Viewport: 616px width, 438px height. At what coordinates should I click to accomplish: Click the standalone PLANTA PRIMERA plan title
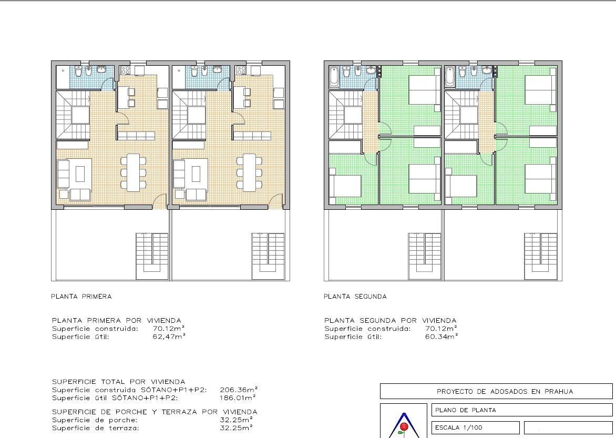[x=81, y=297]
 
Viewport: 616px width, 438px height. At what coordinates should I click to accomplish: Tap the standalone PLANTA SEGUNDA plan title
[x=355, y=297]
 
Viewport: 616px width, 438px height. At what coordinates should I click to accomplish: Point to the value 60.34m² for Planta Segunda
[x=441, y=337]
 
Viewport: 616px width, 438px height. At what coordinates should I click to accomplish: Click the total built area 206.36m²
[x=238, y=390]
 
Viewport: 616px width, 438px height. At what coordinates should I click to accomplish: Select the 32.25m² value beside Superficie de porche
[x=236, y=420]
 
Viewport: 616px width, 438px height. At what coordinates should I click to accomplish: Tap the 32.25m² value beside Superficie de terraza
[x=236, y=428]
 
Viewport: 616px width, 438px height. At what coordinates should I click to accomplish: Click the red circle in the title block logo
[x=404, y=426]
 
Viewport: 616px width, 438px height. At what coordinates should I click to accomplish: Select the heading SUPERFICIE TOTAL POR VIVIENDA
[x=118, y=382]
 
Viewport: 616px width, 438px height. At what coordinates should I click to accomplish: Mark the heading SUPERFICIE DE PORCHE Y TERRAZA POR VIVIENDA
[x=155, y=412]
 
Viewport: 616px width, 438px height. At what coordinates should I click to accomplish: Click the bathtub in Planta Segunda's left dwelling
[x=335, y=76]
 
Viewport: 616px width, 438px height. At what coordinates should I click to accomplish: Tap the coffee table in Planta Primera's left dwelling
[x=80, y=173]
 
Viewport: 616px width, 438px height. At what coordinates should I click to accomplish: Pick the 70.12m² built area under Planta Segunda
[x=441, y=329]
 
